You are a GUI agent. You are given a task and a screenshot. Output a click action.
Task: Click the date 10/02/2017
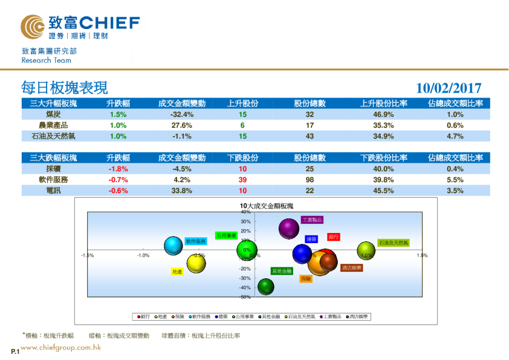pyautogui.click(x=449, y=88)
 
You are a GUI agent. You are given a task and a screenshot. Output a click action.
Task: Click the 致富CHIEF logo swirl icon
pyautogui.click(x=32, y=27)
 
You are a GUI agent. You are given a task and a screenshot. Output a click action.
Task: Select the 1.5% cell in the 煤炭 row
pyautogui.click(x=118, y=114)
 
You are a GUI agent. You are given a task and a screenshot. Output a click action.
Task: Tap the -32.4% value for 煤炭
pyautogui.click(x=181, y=114)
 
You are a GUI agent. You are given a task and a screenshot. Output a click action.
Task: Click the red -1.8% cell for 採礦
pyautogui.click(x=118, y=169)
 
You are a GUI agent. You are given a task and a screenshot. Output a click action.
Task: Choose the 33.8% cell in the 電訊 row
pyautogui.click(x=181, y=191)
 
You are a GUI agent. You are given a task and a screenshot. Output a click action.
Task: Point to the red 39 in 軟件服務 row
pyautogui.click(x=242, y=180)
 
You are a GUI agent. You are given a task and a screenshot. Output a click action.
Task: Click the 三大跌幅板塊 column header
pyautogui.click(x=53, y=158)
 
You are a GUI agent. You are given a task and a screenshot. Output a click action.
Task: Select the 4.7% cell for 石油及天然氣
pyautogui.click(x=455, y=136)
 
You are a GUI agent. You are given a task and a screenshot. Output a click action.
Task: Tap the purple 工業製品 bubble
pyautogui.click(x=290, y=228)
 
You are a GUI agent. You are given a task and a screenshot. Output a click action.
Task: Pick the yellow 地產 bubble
pyautogui.click(x=196, y=263)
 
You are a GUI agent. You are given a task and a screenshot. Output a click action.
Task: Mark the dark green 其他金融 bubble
pyautogui.click(x=266, y=286)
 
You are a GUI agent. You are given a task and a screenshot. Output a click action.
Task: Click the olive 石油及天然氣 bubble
pyautogui.click(x=366, y=250)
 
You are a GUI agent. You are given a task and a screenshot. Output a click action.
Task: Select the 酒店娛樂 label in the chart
pyautogui.click(x=351, y=267)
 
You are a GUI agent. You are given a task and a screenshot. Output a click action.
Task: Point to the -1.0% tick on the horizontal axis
pyautogui.click(x=143, y=255)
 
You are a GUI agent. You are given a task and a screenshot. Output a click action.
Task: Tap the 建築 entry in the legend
pyautogui.click(x=222, y=316)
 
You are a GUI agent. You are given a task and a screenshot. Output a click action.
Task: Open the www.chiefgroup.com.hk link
pyautogui.click(x=60, y=347)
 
